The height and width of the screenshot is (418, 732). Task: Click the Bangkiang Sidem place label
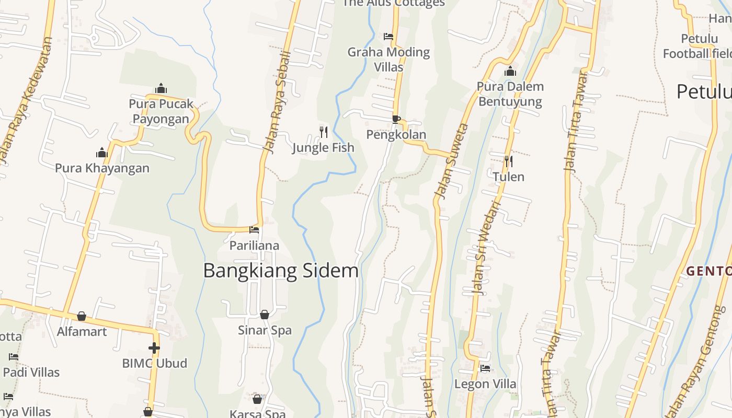(281, 271)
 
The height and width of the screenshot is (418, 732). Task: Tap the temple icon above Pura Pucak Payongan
(161, 88)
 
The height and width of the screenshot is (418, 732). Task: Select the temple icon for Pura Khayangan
(102, 153)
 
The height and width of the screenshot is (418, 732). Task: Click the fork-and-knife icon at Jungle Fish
(324, 132)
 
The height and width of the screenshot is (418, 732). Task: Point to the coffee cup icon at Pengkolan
(396, 119)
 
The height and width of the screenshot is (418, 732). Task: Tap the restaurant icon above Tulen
(508, 161)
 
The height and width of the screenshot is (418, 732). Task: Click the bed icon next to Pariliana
(254, 229)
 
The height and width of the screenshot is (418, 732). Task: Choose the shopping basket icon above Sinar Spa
(265, 315)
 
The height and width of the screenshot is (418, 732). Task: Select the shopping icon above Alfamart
(82, 316)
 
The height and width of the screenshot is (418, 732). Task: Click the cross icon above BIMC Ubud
(154, 347)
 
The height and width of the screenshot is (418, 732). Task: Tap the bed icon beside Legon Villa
(485, 368)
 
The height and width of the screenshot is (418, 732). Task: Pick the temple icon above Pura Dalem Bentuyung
(510, 71)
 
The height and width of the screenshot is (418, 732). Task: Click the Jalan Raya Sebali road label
(277, 102)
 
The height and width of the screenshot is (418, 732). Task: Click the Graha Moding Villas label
(388, 59)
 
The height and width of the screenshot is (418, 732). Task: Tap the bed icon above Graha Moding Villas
(388, 37)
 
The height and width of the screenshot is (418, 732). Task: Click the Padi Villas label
(31, 373)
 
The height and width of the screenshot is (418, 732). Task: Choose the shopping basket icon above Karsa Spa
(257, 399)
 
